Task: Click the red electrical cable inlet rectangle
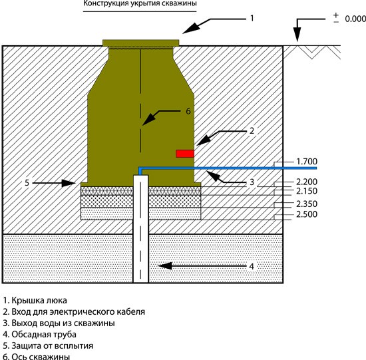click(x=185, y=154)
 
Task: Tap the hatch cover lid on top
click(x=141, y=43)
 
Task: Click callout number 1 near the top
click(x=252, y=18)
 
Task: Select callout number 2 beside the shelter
click(x=252, y=130)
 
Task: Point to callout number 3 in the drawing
click(x=252, y=182)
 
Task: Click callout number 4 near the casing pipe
click(x=252, y=266)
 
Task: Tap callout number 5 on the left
click(x=27, y=183)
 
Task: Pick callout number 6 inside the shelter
click(x=188, y=111)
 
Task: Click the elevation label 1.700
click(x=307, y=161)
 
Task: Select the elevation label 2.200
click(x=307, y=182)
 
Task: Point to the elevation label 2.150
click(x=307, y=191)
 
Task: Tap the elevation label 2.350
click(x=307, y=204)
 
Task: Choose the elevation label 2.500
click(x=307, y=214)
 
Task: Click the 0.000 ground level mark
click(x=355, y=19)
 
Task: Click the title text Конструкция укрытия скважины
click(x=140, y=3)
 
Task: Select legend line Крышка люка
click(x=35, y=300)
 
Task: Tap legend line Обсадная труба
click(x=40, y=334)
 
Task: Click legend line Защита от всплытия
click(x=48, y=346)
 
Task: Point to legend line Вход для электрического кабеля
click(x=74, y=311)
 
